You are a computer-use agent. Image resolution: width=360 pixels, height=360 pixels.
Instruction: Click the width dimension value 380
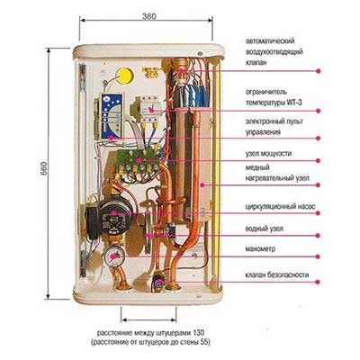148,16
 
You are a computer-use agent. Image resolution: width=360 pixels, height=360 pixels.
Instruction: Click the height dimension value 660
44,168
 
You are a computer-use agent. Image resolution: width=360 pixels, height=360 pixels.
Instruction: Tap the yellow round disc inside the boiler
124,76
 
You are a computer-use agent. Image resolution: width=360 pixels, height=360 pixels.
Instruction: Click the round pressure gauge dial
114,256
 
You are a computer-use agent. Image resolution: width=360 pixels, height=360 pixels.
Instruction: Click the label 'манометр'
260,249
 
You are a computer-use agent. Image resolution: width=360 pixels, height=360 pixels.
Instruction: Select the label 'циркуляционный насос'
280,207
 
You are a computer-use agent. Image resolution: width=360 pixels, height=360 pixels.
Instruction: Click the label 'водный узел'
264,229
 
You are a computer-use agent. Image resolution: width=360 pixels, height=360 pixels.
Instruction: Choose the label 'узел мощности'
268,154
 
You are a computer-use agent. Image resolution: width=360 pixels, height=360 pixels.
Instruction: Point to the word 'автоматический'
270,40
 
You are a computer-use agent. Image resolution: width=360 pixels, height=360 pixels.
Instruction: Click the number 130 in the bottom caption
199,333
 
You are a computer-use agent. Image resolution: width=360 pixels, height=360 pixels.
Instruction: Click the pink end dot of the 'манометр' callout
318,256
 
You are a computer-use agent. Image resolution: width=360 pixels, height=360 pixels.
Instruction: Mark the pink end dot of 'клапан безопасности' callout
318,282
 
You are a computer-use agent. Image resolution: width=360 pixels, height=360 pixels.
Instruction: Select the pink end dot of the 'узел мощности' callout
318,161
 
